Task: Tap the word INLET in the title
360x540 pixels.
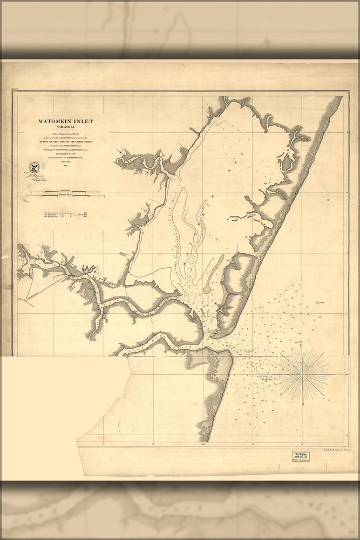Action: [84, 122]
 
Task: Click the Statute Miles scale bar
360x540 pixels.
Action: [65, 192]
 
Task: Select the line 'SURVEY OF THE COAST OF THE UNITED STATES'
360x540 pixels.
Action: [65, 142]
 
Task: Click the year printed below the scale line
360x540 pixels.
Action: [65, 166]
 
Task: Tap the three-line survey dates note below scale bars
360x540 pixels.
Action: [65, 215]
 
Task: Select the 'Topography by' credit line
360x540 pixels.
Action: [65, 150]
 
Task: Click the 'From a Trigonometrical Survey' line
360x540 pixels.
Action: [65, 134]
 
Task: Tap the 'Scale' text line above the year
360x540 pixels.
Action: [65, 162]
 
